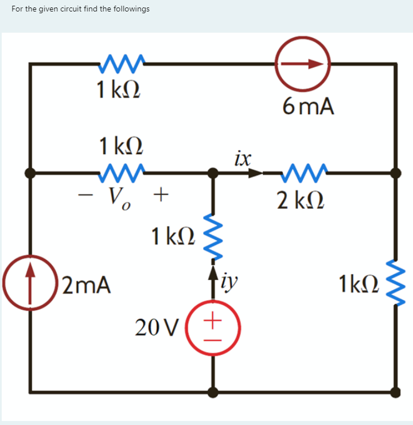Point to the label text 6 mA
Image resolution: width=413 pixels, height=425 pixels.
308,106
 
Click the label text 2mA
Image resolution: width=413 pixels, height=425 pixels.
87,284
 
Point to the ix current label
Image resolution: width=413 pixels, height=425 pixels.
243,157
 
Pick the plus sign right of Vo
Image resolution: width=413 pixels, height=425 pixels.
161,197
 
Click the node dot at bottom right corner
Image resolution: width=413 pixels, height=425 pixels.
395,392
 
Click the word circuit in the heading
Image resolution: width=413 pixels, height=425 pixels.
68,9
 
